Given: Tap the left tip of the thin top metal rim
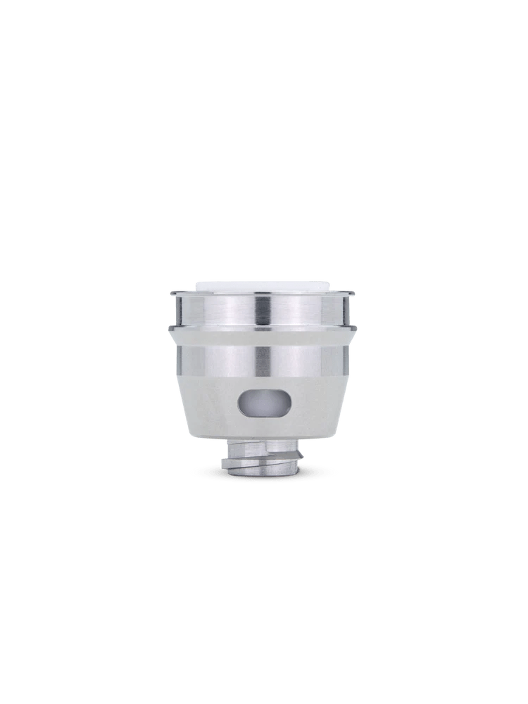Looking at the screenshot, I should point(170,293).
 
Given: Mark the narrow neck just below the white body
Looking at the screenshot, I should point(263,446).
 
